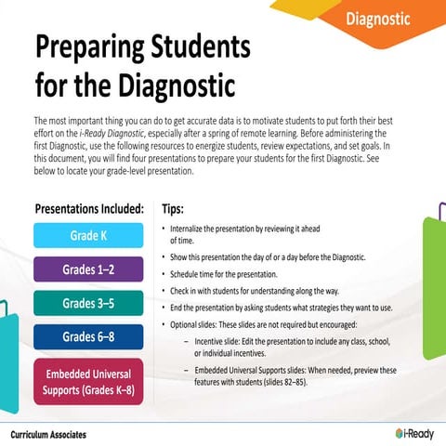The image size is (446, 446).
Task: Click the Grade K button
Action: coord(88,235)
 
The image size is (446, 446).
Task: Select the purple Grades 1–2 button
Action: coord(88,269)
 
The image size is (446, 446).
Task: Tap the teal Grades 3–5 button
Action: coord(88,303)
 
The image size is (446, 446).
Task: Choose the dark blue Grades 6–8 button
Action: coord(88,336)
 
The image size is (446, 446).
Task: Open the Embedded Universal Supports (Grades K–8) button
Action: coord(88,381)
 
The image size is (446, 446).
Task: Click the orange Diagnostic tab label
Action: coord(377,19)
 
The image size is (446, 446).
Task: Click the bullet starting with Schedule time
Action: coord(224,274)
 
